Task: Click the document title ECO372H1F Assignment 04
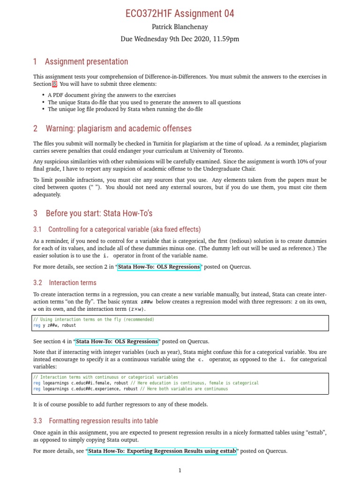coord(180,14)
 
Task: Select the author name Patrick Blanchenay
coord(180,28)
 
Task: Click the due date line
coord(180,39)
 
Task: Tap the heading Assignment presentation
coord(86,62)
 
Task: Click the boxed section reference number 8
coord(54,84)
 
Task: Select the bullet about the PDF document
coord(112,95)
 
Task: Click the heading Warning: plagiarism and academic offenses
coord(118,128)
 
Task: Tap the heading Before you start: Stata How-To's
coord(99,213)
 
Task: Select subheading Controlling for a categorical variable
coord(124,229)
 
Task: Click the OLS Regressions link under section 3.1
coord(159,267)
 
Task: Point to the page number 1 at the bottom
coord(180,471)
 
